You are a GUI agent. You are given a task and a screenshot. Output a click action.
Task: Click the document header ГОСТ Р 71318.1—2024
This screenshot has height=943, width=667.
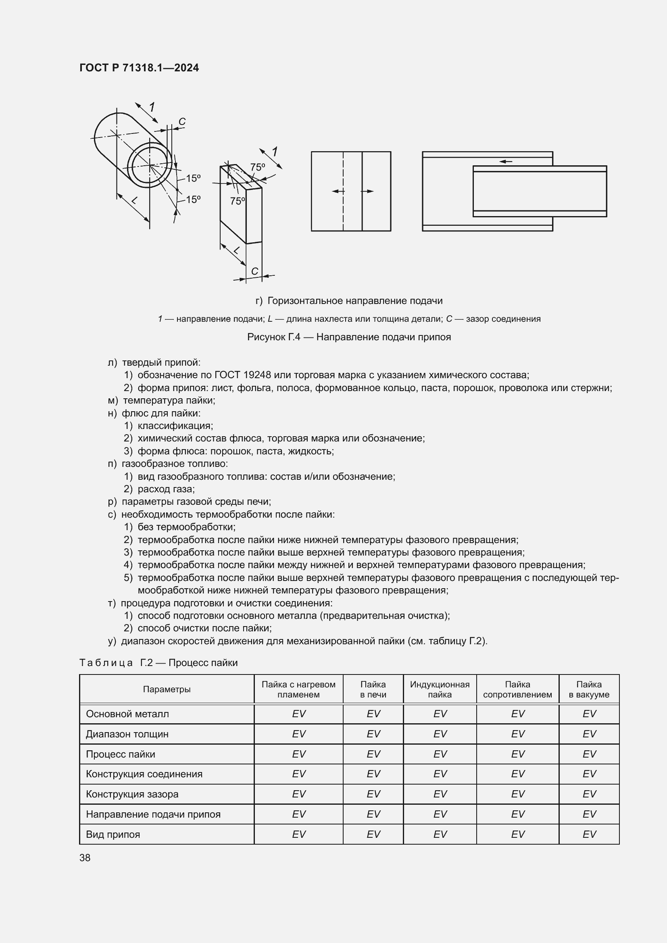[139, 68]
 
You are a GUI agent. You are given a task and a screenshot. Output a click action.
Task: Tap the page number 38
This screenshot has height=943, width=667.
[85, 858]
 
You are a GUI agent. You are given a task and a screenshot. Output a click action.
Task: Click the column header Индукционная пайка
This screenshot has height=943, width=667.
[440, 689]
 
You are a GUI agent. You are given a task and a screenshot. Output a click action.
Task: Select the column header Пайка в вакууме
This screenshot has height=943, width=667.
[588, 689]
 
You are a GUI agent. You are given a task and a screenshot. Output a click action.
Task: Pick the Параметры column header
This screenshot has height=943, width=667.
[167, 689]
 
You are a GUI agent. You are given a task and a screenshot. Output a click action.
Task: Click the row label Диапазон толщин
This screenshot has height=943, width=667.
[127, 734]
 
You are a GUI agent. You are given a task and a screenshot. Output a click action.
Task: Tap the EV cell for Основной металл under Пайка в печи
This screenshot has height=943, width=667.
[373, 714]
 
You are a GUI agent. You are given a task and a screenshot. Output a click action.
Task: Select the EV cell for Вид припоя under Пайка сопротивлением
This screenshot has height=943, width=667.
[517, 834]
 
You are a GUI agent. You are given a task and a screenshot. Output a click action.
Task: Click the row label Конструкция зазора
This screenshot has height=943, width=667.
[132, 794]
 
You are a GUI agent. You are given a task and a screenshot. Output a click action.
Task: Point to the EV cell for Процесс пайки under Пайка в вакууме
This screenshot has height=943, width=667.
[588, 754]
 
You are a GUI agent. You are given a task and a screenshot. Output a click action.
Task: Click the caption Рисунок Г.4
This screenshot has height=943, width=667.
[349, 337]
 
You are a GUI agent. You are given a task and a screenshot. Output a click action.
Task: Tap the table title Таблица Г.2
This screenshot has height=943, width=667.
[158, 663]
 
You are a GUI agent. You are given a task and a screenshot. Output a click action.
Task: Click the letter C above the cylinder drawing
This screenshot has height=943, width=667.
[182, 122]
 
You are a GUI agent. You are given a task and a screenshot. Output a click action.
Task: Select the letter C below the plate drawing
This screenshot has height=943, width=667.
[254, 271]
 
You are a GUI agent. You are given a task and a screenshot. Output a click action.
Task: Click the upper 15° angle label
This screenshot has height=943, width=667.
[193, 178]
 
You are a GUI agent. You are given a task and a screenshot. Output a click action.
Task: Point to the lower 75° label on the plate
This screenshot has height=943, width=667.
[238, 201]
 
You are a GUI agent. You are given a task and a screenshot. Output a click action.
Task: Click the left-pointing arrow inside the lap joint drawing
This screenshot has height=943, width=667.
[506, 161]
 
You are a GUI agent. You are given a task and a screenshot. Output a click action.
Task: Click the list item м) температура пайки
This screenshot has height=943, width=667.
[161, 400]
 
